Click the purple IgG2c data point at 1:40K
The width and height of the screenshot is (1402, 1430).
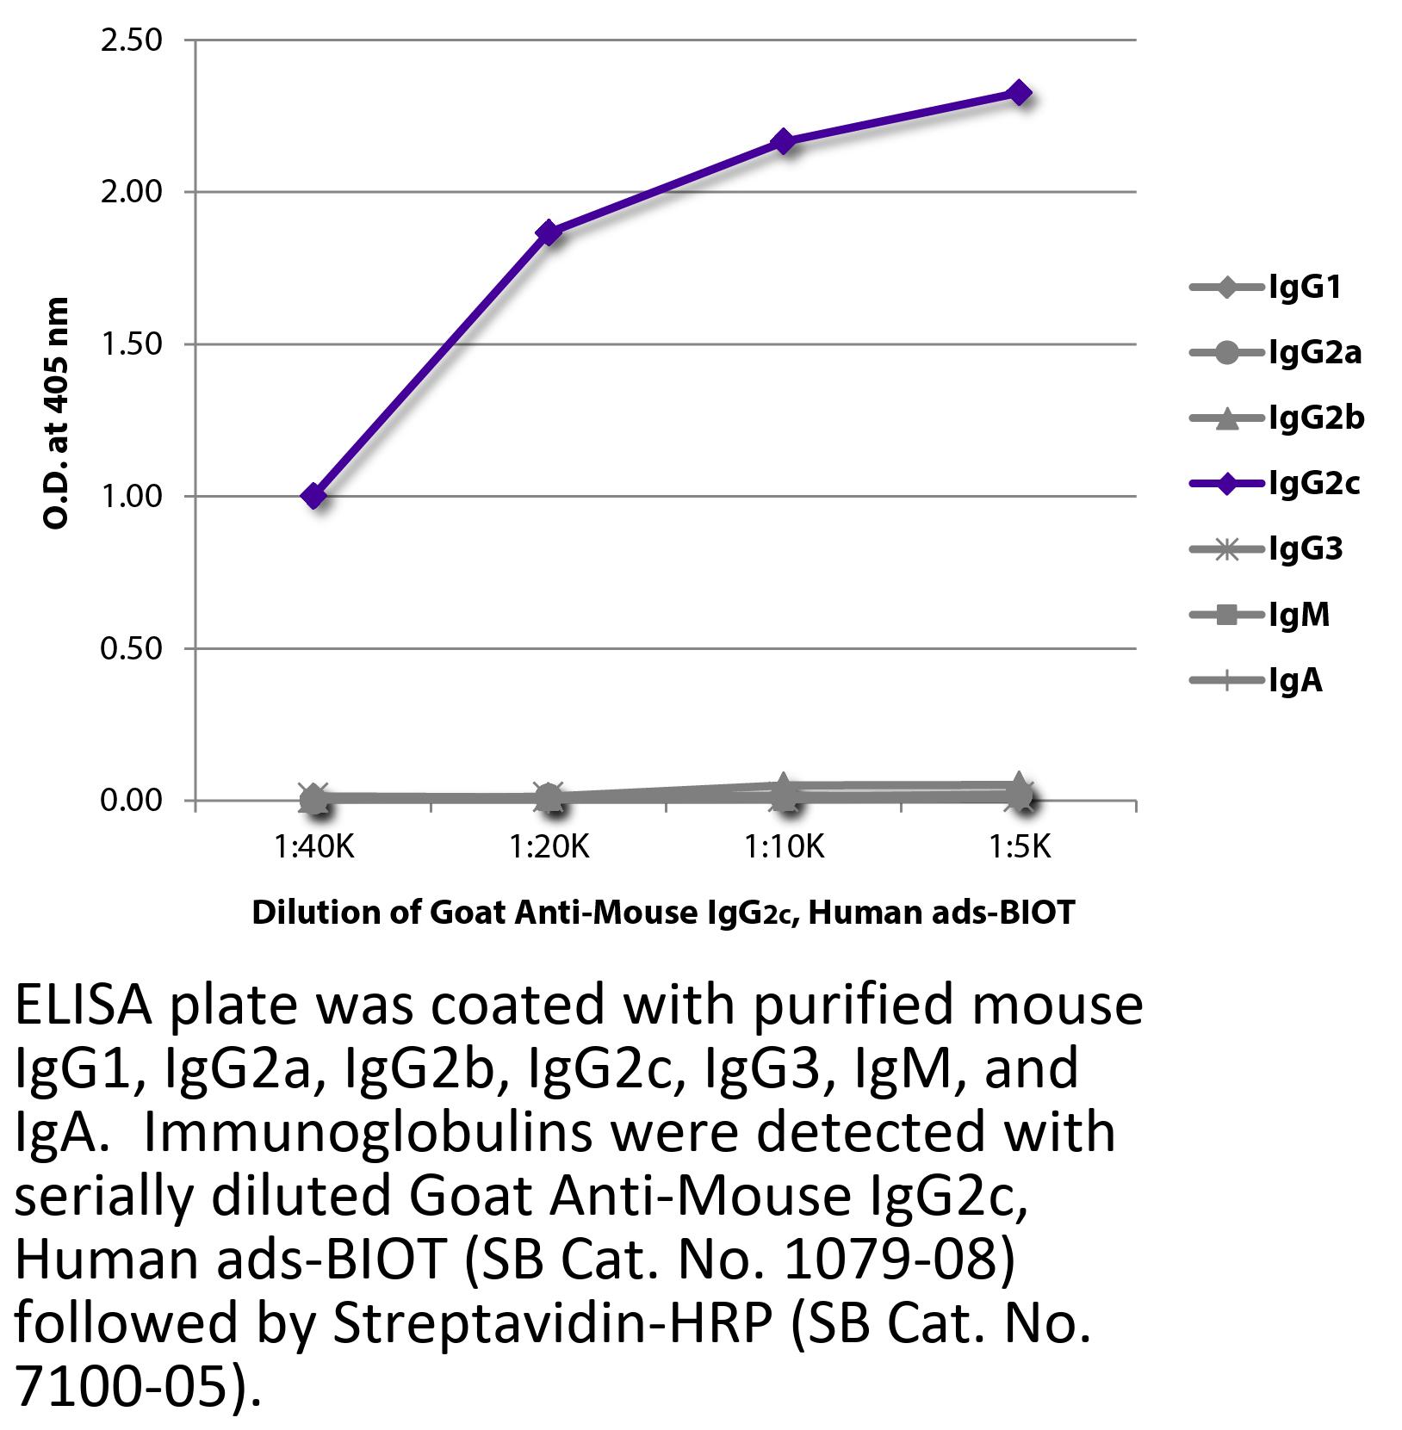click(x=314, y=496)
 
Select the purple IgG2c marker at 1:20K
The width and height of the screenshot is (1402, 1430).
click(x=549, y=232)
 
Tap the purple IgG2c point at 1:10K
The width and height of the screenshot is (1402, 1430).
click(x=785, y=141)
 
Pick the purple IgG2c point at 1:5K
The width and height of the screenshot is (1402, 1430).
click(x=1020, y=93)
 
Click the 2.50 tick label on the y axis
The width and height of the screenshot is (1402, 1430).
click(x=132, y=40)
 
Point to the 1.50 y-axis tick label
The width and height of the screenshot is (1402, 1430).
click(x=132, y=344)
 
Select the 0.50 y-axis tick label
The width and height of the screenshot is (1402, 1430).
click(x=132, y=648)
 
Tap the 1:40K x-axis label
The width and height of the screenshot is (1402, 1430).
click(x=314, y=849)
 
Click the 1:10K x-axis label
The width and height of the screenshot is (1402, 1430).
click(x=785, y=849)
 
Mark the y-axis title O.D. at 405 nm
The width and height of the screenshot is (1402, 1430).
click(x=57, y=413)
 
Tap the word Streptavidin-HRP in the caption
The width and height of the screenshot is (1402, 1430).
click(x=551, y=1323)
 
